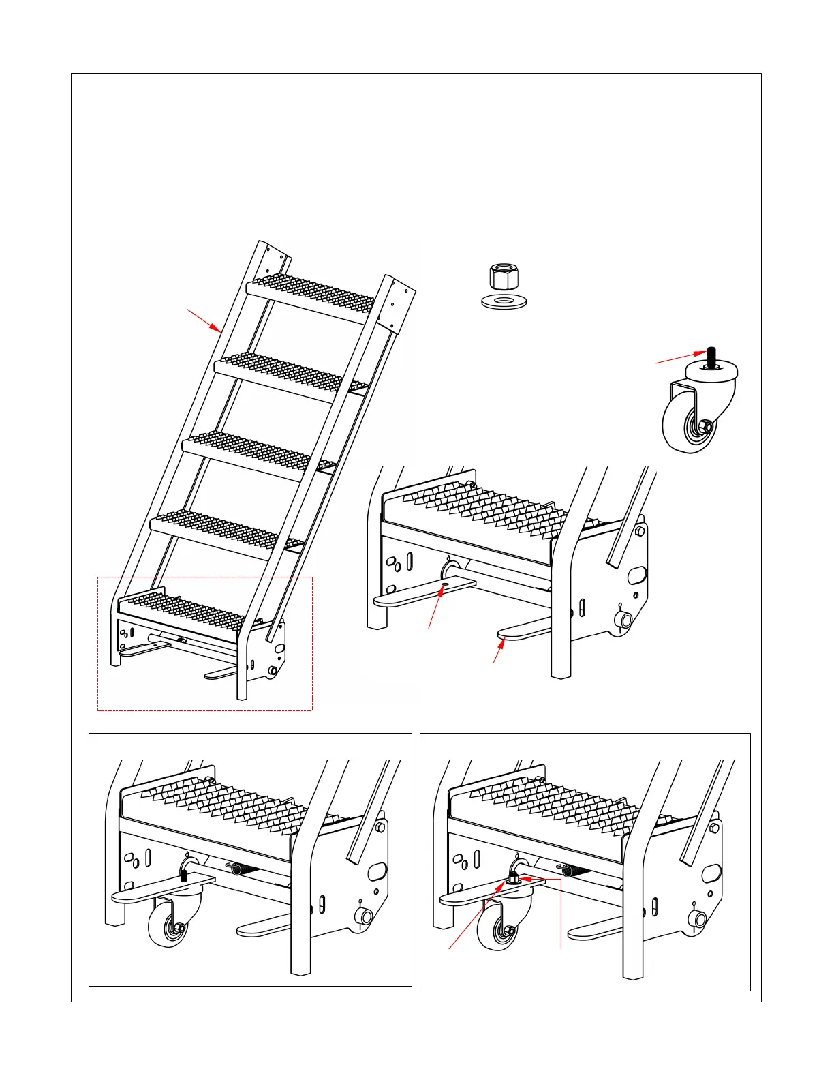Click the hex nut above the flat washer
pyautogui.click(x=504, y=277)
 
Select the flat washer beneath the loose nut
pyautogui.click(x=504, y=301)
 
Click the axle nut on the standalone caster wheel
pyautogui.click(x=707, y=427)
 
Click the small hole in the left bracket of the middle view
pyautogui.click(x=444, y=584)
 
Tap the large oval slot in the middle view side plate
pyautogui.click(x=636, y=575)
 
